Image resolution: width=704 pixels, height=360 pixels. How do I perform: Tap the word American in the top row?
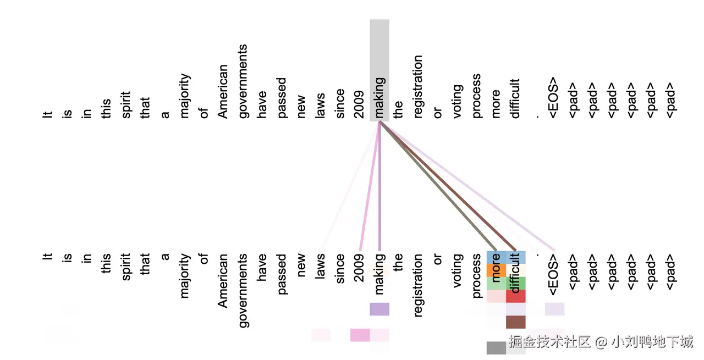click(222, 91)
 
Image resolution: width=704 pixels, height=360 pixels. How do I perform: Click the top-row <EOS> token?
click(555, 98)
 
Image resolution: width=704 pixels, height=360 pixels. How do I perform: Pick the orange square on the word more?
click(496, 270)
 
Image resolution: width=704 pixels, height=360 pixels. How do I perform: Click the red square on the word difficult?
click(516, 296)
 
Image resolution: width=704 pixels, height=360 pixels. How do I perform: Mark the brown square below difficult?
click(516, 322)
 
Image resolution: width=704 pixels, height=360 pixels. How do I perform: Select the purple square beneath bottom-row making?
click(380, 309)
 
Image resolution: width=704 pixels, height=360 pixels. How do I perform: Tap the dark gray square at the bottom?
click(496, 348)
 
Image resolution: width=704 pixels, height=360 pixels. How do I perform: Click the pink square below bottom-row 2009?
click(360, 335)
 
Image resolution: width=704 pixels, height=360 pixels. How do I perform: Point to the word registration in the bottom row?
click(418, 285)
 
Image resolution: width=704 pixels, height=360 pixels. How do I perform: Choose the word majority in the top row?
click(185, 96)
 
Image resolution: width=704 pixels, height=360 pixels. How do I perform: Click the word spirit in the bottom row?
click(125, 267)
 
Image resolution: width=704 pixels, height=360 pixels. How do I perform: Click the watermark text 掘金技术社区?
click(549, 342)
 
